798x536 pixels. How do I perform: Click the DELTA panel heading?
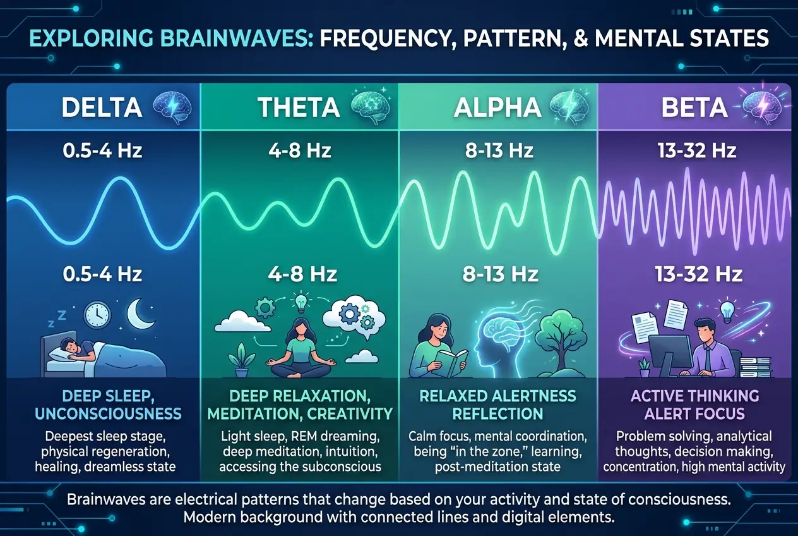click(x=102, y=107)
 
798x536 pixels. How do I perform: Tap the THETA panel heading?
click(x=299, y=107)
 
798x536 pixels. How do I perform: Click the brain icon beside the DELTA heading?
click(x=169, y=106)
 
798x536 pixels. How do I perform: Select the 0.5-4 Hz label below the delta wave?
click(x=102, y=274)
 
